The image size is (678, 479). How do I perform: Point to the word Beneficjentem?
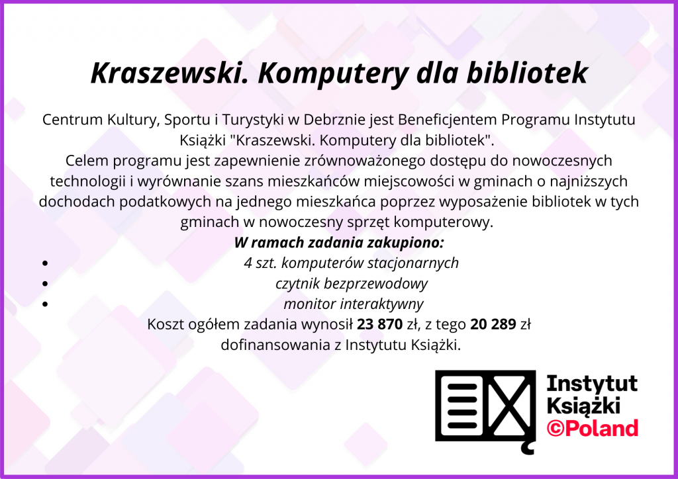tap(448, 119)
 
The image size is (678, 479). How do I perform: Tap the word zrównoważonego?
tap(365, 161)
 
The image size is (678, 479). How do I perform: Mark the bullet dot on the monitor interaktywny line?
tap(45, 304)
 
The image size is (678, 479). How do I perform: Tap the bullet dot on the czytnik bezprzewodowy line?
tap(45, 284)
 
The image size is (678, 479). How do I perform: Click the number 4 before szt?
tap(248, 263)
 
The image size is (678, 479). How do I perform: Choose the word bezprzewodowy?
tap(375, 284)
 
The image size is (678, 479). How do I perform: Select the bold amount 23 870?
tap(379, 324)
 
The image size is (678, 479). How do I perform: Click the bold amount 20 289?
tap(493, 324)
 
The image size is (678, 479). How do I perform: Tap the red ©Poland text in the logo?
tap(593, 428)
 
